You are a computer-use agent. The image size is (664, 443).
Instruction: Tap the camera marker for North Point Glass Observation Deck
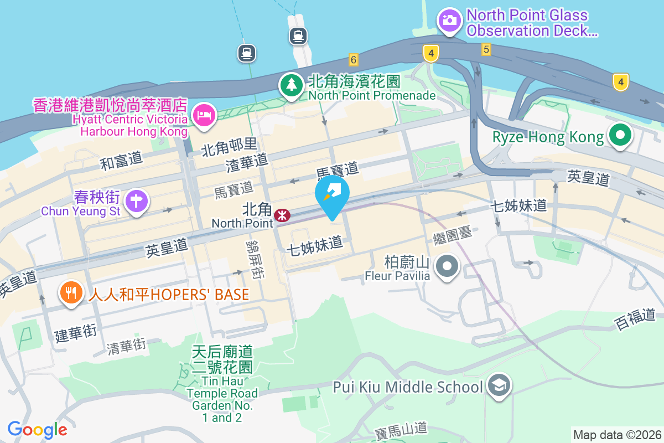(x=449, y=20)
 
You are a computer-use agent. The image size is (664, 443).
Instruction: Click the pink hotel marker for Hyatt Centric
(x=204, y=116)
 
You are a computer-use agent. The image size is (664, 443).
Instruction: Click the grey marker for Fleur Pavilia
(x=447, y=267)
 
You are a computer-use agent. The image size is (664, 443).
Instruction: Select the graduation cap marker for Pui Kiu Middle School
(x=499, y=386)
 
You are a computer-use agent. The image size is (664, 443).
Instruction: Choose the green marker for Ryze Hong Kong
(x=620, y=135)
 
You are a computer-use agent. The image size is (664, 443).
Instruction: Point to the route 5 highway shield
(x=486, y=50)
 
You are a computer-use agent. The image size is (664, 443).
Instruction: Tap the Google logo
(x=38, y=429)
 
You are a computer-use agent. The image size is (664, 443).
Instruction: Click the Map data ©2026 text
(x=616, y=435)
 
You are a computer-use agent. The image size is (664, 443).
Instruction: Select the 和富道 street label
(x=121, y=161)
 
